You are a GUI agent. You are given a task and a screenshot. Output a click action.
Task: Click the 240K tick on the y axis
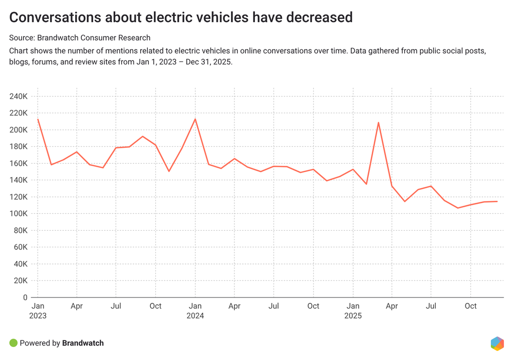(x=18, y=96)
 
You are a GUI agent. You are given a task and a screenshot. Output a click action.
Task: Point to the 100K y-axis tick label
(x=18, y=214)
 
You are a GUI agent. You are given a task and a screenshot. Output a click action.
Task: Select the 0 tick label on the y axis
(x=25, y=297)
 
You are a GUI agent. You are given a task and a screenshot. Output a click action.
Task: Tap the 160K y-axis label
(x=18, y=163)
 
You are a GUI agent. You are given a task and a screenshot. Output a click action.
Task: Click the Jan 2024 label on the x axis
(x=195, y=310)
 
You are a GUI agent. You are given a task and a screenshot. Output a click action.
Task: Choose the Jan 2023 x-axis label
(x=38, y=310)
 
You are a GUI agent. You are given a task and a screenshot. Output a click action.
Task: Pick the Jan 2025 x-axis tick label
(x=353, y=310)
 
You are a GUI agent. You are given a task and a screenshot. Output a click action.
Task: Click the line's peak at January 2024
(x=195, y=119)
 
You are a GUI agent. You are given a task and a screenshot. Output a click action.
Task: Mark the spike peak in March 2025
(x=379, y=122)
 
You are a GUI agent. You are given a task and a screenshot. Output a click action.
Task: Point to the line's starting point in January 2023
(x=38, y=119)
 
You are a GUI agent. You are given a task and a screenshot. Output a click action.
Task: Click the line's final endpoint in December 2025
(x=496, y=201)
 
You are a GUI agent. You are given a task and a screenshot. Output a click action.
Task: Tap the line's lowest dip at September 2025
(x=457, y=208)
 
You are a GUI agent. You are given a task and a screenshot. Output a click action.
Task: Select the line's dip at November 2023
(x=169, y=171)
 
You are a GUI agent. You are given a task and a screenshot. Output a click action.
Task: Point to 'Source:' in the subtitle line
(x=22, y=38)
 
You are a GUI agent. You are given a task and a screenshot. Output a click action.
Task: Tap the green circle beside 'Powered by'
(x=14, y=343)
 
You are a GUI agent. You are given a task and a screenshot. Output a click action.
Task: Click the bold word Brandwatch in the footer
(x=83, y=343)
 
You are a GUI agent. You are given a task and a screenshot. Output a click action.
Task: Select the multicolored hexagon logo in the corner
(x=497, y=343)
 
